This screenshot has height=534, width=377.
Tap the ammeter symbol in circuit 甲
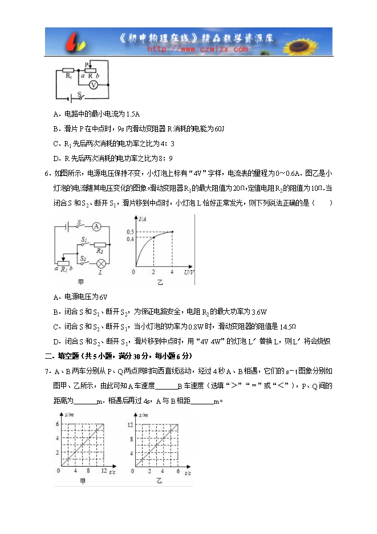pos(96,227)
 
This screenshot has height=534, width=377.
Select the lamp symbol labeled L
pos(101,263)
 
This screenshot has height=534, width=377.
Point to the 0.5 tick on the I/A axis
pos(131,231)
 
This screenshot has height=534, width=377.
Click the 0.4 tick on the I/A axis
pos(131,238)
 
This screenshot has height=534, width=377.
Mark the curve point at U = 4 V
pos(172,231)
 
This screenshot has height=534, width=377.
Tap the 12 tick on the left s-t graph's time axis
pos(103,471)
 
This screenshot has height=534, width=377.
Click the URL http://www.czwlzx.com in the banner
pos(197,50)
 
